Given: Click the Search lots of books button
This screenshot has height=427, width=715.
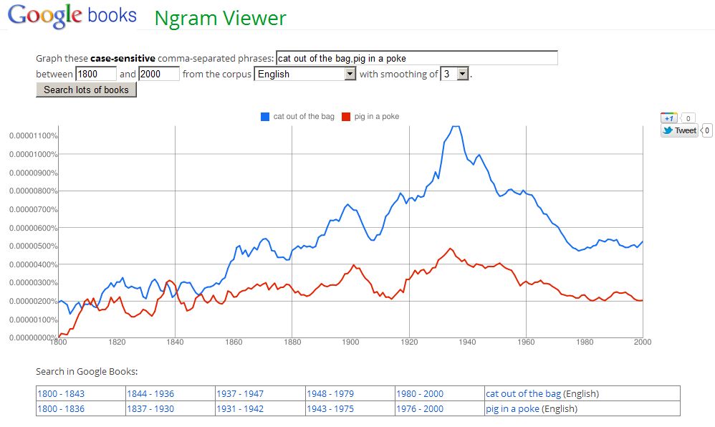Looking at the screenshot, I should (86, 90).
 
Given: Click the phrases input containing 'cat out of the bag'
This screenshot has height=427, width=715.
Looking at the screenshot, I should (416, 58).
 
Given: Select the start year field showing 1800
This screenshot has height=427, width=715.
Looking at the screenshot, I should (95, 74).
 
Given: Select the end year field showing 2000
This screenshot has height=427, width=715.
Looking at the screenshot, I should (158, 74).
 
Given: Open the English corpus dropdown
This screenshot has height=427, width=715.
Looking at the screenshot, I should (306, 74).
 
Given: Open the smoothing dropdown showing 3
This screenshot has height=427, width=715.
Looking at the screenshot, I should (454, 74).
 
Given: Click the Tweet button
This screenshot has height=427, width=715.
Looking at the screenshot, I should (679, 130).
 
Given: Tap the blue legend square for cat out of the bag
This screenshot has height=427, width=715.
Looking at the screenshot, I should (265, 117).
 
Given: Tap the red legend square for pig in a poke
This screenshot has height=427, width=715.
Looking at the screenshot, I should (346, 117).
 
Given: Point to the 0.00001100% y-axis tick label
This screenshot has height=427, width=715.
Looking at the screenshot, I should (34, 136).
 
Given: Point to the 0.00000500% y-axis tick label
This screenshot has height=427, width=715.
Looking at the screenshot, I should (34, 246).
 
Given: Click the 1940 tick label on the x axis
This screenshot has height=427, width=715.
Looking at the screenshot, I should (467, 342).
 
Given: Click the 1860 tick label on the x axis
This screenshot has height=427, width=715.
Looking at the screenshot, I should (234, 342).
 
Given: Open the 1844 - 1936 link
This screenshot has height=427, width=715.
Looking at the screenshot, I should (150, 393).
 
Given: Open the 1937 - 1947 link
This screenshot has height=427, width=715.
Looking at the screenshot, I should (240, 393).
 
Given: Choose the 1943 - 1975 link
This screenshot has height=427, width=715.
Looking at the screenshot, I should (330, 408).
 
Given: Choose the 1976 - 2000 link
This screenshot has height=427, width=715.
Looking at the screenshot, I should (419, 408).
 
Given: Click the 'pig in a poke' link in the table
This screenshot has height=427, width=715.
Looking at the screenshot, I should (512, 408).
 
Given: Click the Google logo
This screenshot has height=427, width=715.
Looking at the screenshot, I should (44, 16).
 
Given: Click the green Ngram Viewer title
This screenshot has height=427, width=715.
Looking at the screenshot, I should (220, 18).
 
